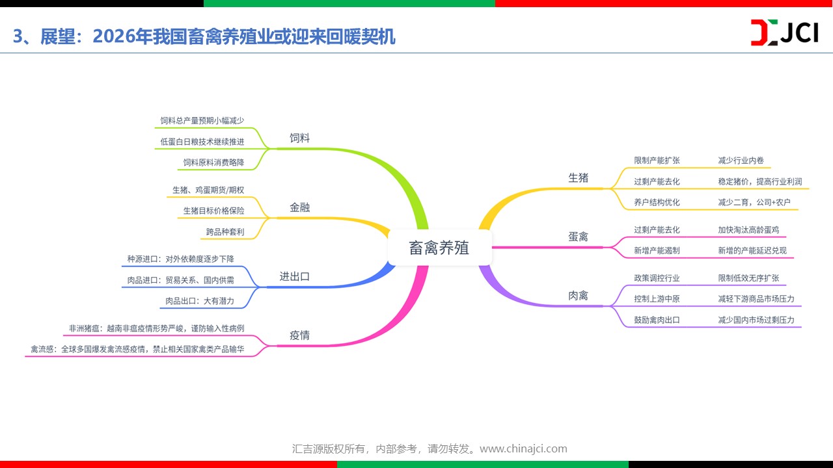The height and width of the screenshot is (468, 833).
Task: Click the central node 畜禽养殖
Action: (439, 248)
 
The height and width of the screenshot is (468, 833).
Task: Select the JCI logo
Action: (785, 32)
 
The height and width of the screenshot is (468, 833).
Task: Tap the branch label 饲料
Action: (299, 138)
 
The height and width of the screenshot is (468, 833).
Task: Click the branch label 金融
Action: (299, 207)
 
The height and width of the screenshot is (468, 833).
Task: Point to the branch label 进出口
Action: (295, 277)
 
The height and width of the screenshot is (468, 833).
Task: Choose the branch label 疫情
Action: (299, 335)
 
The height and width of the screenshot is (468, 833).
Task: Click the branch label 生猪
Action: (579, 178)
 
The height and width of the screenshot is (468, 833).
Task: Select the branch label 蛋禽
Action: (579, 237)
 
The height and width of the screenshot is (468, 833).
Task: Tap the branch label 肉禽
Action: (579, 296)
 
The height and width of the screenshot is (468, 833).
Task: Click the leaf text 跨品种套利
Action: (225, 232)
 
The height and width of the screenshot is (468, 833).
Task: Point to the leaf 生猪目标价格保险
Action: (214, 211)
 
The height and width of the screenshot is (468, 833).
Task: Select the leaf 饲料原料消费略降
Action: (214, 162)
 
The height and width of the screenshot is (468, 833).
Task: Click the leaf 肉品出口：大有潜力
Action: (200, 301)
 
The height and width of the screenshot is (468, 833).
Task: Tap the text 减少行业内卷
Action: (741, 161)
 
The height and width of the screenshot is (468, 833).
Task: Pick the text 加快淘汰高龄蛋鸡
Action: (748, 230)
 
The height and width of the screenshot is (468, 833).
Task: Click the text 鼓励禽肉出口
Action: (657, 320)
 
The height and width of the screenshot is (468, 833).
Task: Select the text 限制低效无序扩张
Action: (748, 278)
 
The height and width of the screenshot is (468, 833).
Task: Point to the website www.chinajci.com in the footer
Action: (523, 448)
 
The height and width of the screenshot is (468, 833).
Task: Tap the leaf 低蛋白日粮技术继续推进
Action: (202, 142)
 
